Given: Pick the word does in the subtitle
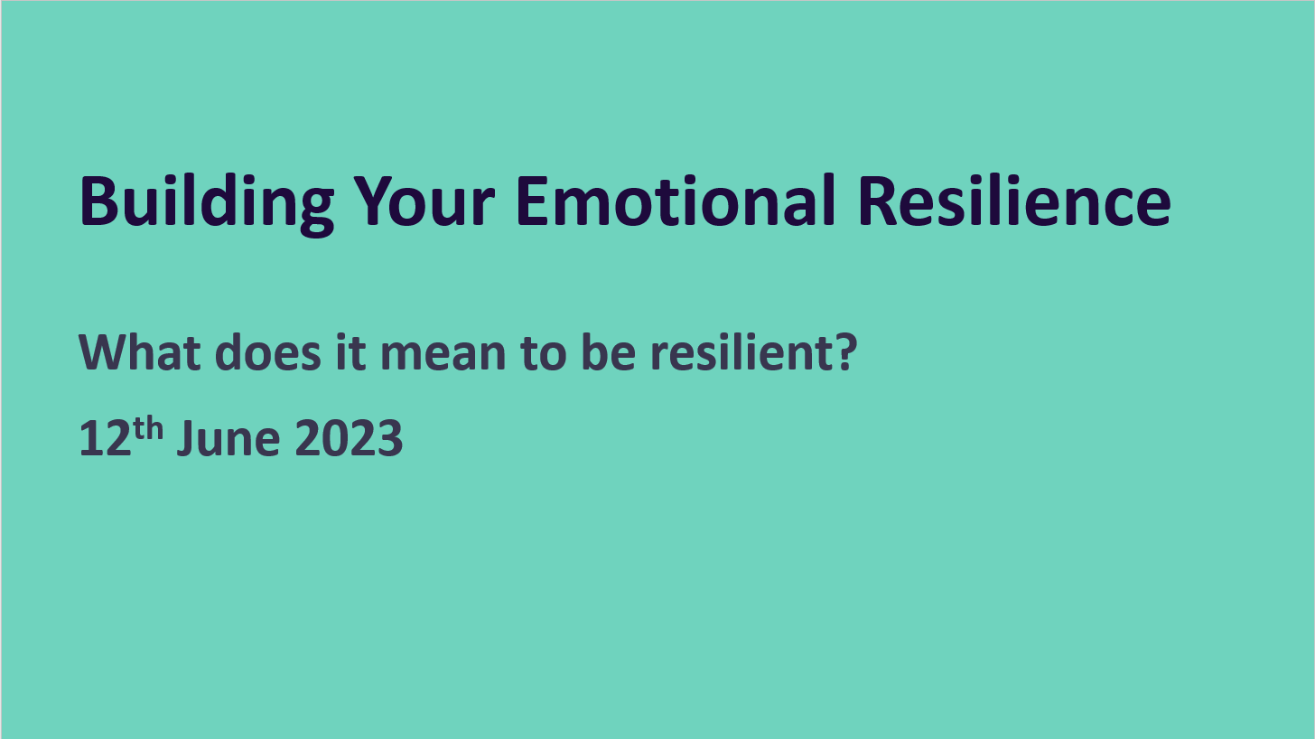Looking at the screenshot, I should pyautogui.click(x=268, y=352).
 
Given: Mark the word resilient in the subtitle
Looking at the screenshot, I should pyautogui.click(x=739, y=352).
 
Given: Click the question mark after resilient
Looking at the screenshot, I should pyautogui.click(x=843, y=352).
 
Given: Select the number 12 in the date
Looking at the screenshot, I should pyautogui.click(x=99, y=441).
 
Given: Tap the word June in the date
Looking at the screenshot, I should pyautogui.click(x=228, y=441).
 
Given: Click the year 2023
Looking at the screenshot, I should pyautogui.click(x=349, y=441).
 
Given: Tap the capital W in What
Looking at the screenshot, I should pyautogui.click(x=102, y=352).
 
